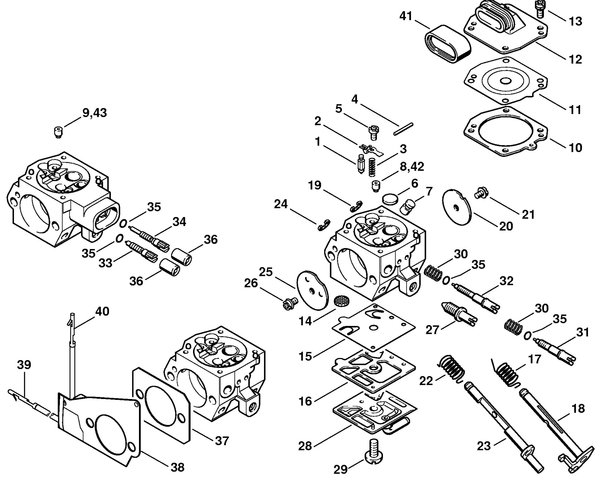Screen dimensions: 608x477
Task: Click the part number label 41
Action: [406, 16]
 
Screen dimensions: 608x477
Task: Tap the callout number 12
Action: [575, 59]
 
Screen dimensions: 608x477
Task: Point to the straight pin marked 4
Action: [403, 129]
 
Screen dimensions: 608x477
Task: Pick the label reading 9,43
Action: [94, 113]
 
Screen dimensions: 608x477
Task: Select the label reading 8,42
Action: [412, 166]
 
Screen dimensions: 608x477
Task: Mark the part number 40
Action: [102, 311]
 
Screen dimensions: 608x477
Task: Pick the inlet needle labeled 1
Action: [361, 164]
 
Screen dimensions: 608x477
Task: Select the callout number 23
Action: [484, 446]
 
